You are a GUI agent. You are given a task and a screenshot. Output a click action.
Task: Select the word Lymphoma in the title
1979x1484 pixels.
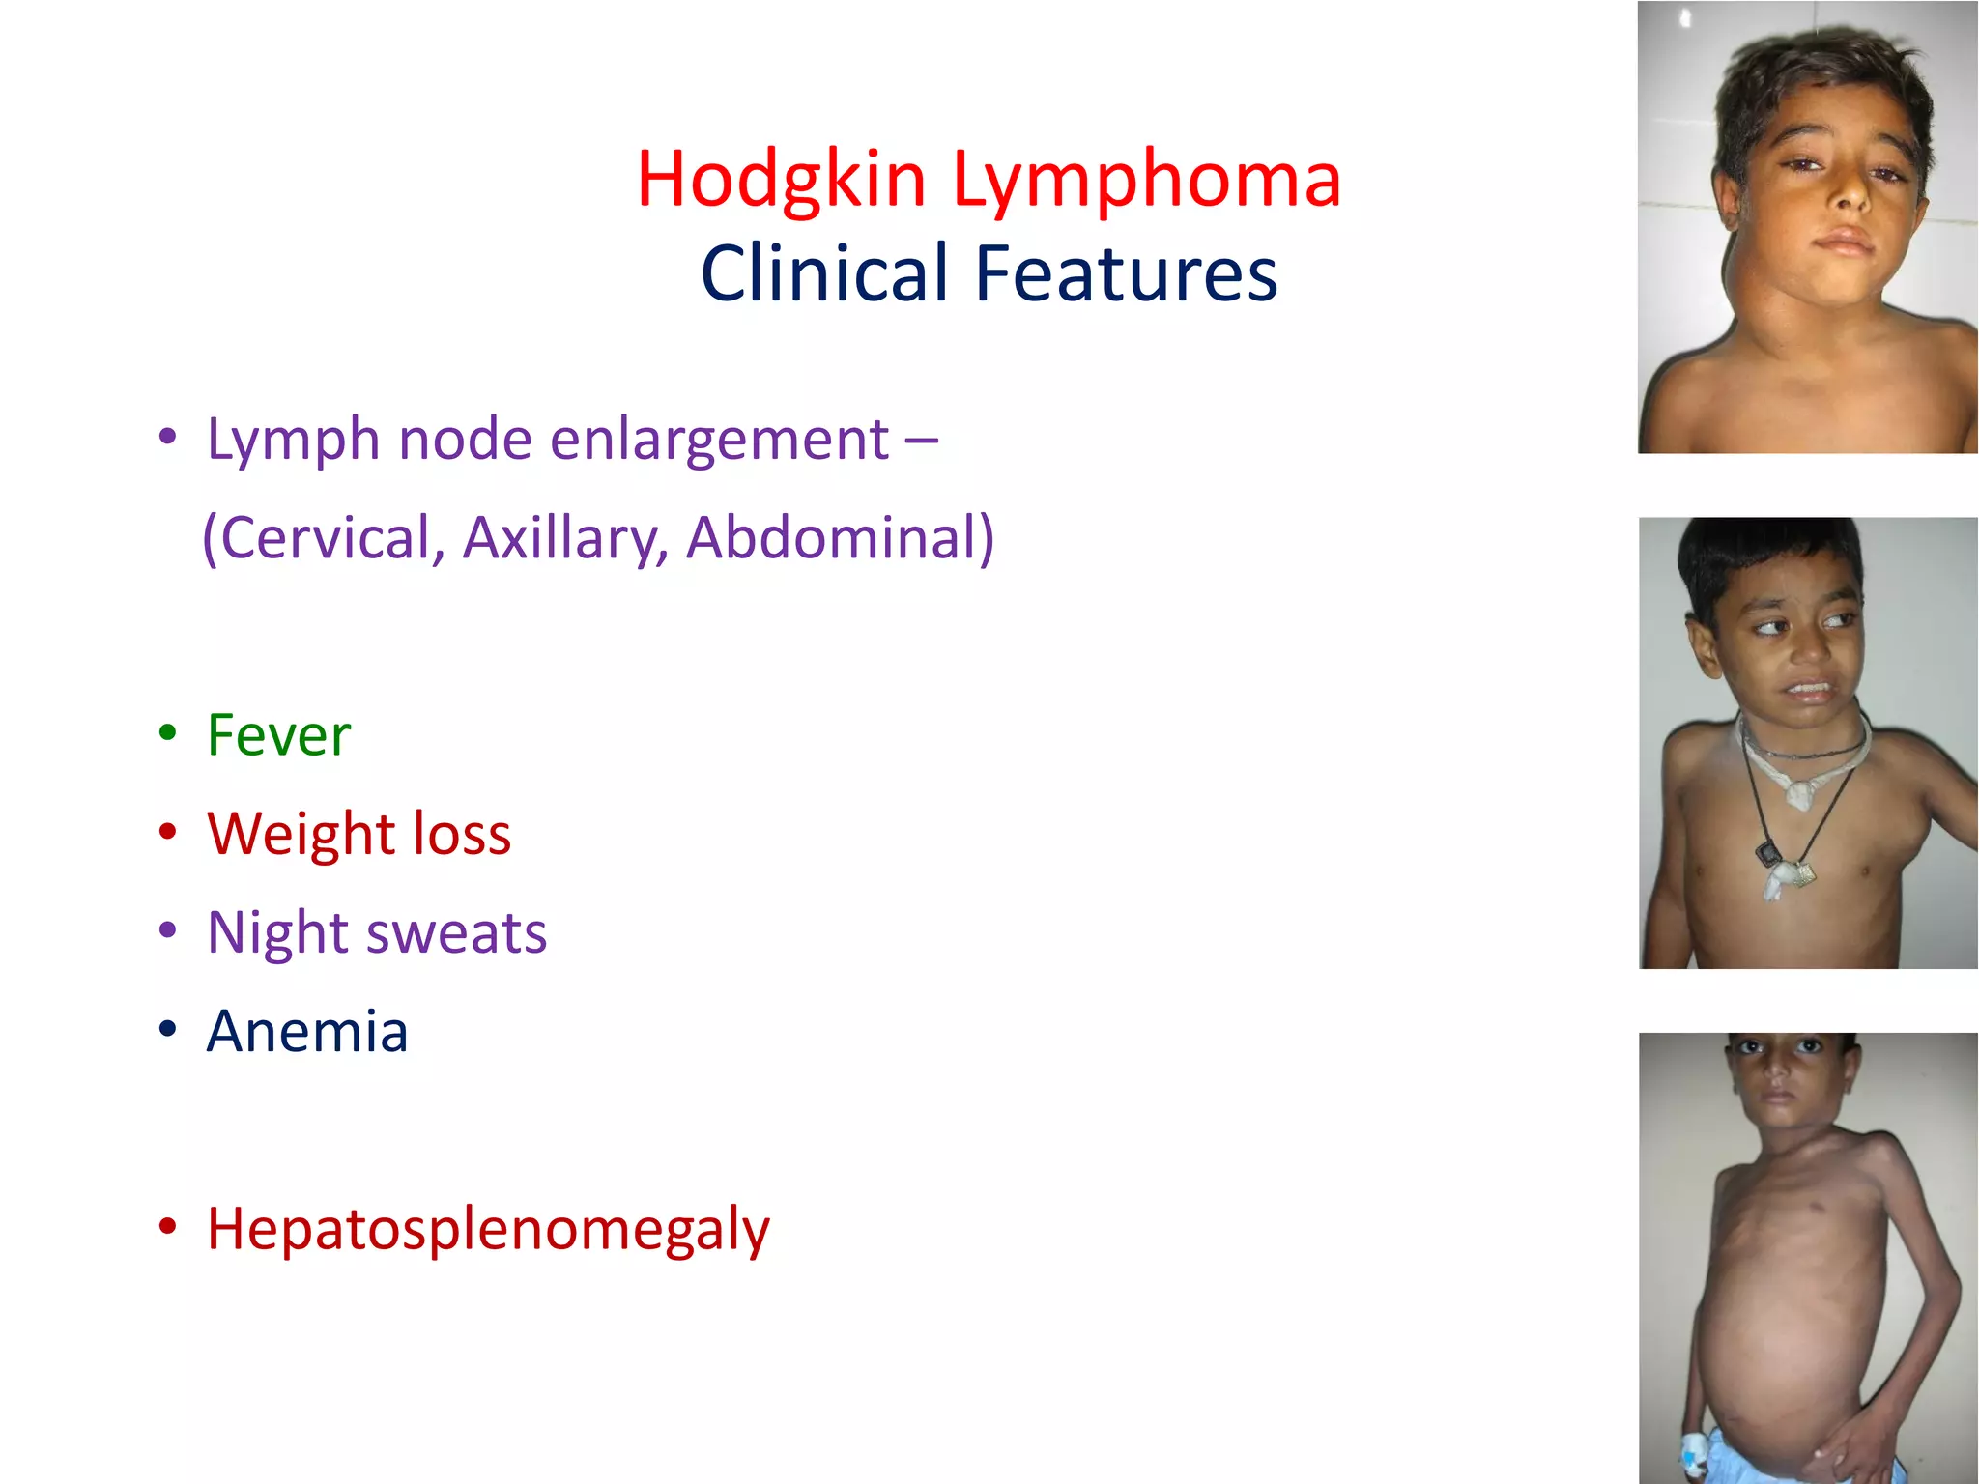point(1147,181)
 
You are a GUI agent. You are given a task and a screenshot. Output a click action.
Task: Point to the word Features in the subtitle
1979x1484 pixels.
point(1126,273)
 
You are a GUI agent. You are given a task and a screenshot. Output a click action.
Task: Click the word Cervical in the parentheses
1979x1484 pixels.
point(327,538)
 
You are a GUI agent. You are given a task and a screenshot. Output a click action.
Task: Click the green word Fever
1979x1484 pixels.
point(278,735)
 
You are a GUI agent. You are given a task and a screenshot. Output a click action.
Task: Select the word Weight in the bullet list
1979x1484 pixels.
point(301,834)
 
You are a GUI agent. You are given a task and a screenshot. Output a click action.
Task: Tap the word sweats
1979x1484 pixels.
point(456,933)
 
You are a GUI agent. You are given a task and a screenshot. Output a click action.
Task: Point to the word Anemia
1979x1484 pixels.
point(307,1031)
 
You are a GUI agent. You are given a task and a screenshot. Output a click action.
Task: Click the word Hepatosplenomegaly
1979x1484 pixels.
point(488,1229)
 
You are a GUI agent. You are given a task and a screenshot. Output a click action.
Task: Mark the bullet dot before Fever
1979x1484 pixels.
point(168,731)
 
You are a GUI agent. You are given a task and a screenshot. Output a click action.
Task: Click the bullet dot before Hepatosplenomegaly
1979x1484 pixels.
point(168,1225)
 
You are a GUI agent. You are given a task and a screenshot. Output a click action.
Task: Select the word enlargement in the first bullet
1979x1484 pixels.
point(719,440)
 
